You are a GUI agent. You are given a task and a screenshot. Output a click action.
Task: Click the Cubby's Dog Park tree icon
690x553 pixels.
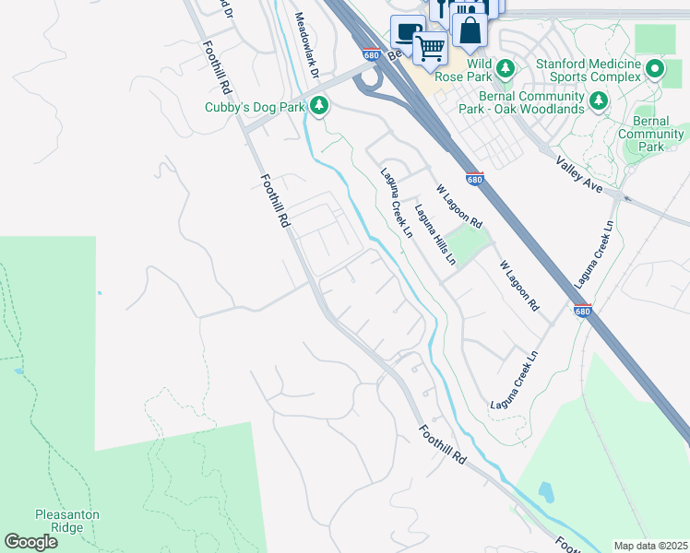tap(319, 107)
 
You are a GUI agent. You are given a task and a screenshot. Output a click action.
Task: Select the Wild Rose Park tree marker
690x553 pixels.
tap(505, 68)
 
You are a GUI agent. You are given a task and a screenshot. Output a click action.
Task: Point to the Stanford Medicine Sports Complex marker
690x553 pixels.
tap(655, 69)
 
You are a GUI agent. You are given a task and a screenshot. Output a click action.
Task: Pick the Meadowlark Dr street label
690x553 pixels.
tap(306, 44)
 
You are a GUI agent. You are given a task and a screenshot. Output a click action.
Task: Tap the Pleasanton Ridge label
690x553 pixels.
tap(67, 521)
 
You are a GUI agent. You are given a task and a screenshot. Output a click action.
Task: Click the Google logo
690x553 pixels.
tap(30, 542)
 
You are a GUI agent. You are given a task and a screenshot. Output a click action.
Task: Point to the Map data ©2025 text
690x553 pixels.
tap(650, 545)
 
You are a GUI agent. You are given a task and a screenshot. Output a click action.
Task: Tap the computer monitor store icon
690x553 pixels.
tap(407, 33)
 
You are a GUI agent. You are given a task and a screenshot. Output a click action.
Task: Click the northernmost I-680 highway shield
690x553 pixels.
tap(372, 54)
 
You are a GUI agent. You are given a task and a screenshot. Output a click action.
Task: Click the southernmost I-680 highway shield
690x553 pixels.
tap(582, 310)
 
